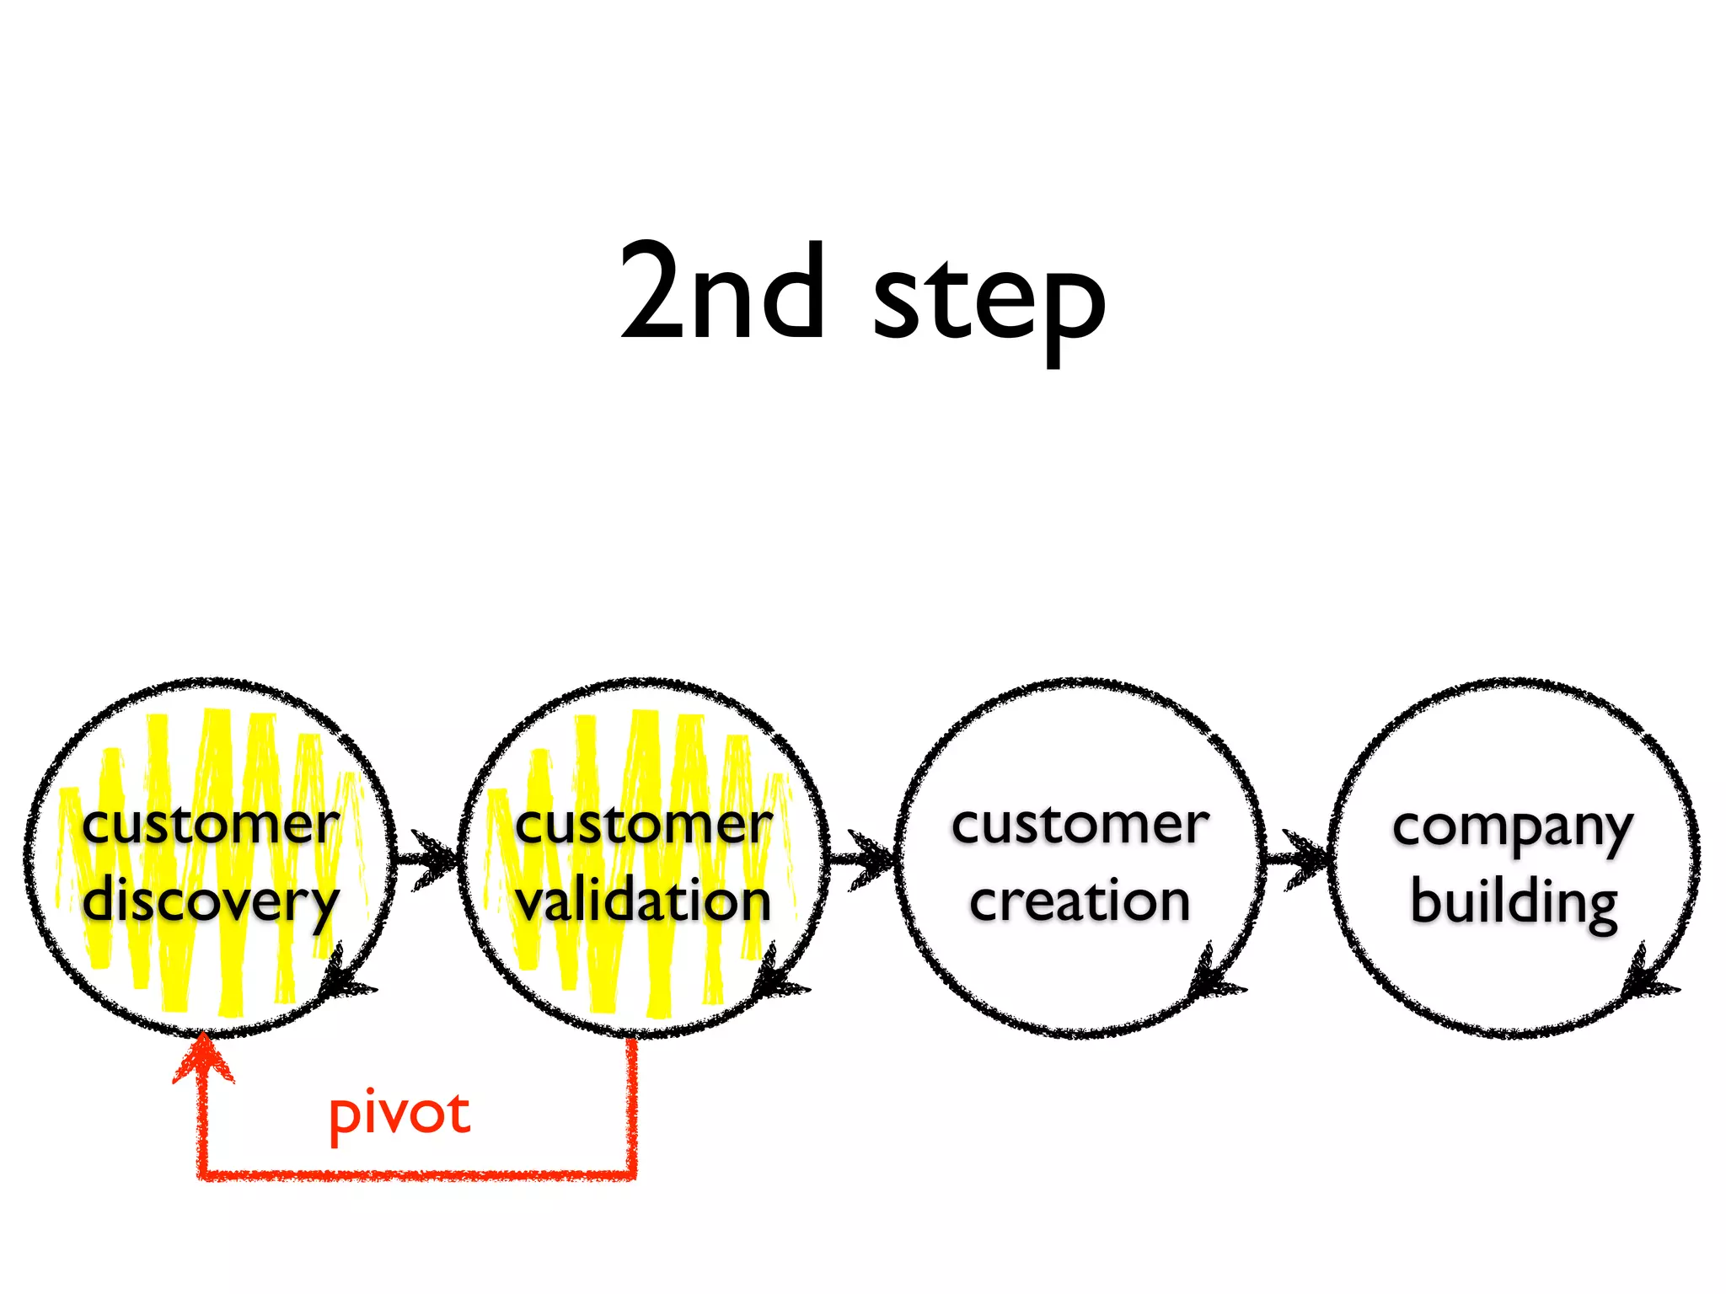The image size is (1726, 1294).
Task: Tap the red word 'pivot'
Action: [399, 1115]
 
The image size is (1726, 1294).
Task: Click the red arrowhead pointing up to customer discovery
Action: [203, 1058]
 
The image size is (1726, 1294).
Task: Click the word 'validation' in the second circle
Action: [644, 900]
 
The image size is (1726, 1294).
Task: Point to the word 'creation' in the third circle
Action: [1080, 900]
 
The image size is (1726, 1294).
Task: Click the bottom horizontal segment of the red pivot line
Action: [417, 1174]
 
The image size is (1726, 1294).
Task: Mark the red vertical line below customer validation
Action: [631, 1104]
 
